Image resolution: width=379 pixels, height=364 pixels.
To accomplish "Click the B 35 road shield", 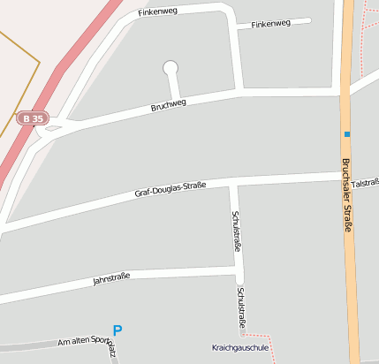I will (x=33, y=118).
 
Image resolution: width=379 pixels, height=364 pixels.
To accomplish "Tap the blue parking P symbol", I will (x=117, y=330).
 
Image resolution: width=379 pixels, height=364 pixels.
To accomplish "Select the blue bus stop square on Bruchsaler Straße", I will (x=347, y=134).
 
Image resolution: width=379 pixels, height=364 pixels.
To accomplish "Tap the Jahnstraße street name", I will (x=111, y=279).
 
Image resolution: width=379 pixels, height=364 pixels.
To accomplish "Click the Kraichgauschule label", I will (x=240, y=347).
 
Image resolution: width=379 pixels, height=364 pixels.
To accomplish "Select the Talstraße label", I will (x=365, y=183).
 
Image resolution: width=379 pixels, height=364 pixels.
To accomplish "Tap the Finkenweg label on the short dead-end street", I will (x=270, y=24).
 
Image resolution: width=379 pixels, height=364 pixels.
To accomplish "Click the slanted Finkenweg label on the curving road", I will (x=158, y=13).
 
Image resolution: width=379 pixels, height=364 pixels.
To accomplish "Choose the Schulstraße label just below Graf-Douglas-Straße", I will (x=236, y=229).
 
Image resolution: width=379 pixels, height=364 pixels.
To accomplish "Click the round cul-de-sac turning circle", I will (x=171, y=67).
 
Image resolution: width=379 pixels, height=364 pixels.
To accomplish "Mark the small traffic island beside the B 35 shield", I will (x=54, y=128).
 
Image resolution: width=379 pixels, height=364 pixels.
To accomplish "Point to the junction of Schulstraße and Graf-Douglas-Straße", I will (x=234, y=183).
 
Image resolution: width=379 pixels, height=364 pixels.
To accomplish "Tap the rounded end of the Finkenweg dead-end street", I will (x=308, y=20).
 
